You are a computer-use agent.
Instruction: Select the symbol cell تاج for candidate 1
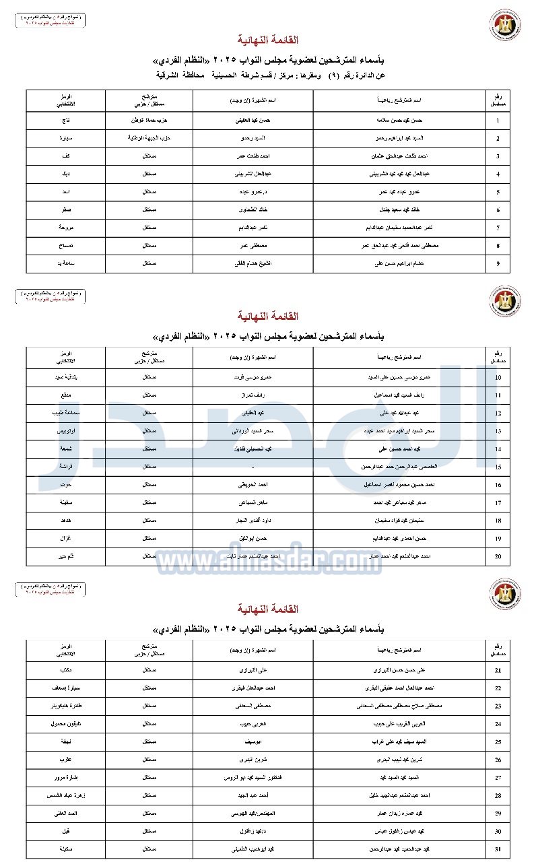pyautogui.click(x=66, y=121)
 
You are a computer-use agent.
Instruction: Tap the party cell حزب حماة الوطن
pyautogui.click(x=149, y=121)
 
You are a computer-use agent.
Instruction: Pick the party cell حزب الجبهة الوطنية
pyautogui.click(x=149, y=139)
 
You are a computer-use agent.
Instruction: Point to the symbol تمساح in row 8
pyautogui.click(x=66, y=246)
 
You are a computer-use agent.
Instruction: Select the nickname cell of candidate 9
pyautogui.click(x=253, y=263)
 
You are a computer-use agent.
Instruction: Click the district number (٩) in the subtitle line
pyautogui.click(x=333, y=75)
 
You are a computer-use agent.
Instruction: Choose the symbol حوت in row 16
pyautogui.click(x=66, y=484)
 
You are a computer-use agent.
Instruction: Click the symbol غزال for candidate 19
pyautogui.click(x=66, y=539)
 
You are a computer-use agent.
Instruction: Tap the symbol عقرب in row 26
pyautogui.click(x=66, y=759)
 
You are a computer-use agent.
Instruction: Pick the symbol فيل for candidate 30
pyautogui.click(x=66, y=831)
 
